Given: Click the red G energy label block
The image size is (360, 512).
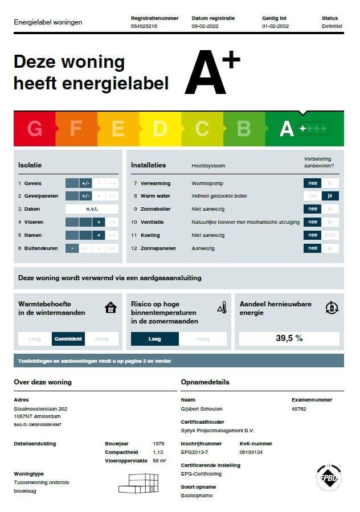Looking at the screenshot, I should pos(34,129).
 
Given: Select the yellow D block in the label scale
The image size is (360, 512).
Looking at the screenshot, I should pos(160,129).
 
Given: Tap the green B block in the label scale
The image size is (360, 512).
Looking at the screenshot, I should pos(244,129).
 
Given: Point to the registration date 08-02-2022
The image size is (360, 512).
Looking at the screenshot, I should pos(205,26).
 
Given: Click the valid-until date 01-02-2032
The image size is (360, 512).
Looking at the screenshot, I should pos(275,26).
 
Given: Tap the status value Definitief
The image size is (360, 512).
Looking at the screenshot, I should pos(332,26).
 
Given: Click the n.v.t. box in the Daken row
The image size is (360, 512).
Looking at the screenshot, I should pos(92,209).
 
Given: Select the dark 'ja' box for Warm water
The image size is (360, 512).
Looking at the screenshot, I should pos(330,196).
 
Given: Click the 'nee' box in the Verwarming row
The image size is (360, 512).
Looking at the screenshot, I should pos(312,183).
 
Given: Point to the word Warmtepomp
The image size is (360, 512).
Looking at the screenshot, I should pos(207,183).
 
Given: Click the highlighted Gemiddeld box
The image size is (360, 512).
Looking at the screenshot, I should pos(68,339).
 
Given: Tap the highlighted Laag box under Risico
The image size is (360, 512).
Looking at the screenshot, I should pos(154,339).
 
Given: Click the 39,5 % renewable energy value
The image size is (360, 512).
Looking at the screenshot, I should pos(289,338).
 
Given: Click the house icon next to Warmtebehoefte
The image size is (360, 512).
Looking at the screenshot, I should pos(111,308).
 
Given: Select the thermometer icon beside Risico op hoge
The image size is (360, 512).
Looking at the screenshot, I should pos(222,308).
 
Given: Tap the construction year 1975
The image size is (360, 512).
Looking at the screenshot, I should pos(159,443).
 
